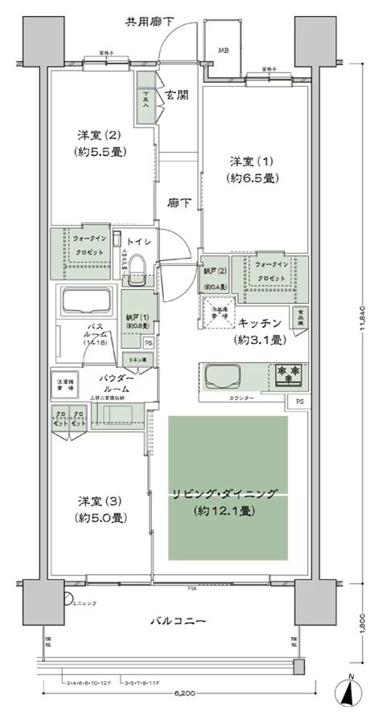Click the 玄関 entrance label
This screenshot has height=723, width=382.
(178, 95)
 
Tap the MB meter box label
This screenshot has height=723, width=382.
(224, 48)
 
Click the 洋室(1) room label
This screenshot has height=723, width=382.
(253, 169)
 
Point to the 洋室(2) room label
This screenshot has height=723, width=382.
(101, 142)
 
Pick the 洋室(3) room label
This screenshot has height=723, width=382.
(101, 508)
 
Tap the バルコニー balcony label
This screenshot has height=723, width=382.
(179, 622)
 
